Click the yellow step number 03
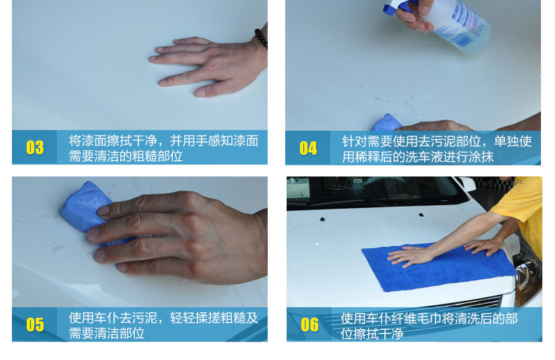tap(35, 148)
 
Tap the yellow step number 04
tap(308, 148)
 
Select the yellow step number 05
tap(35, 325)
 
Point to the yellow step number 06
tap(310, 325)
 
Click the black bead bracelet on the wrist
tap(261, 38)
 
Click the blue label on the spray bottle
tap(466, 21)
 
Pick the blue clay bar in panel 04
tap(387, 122)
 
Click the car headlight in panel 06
tap(528, 280)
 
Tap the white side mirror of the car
tap(466, 184)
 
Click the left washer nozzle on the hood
tap(322, 219)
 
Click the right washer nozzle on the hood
tap(421, 214)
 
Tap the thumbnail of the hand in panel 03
tap(201, 93)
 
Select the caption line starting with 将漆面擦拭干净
tap(164, 141)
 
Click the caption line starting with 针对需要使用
tap(437, 141)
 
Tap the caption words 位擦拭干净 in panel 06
tap(372, 333)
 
